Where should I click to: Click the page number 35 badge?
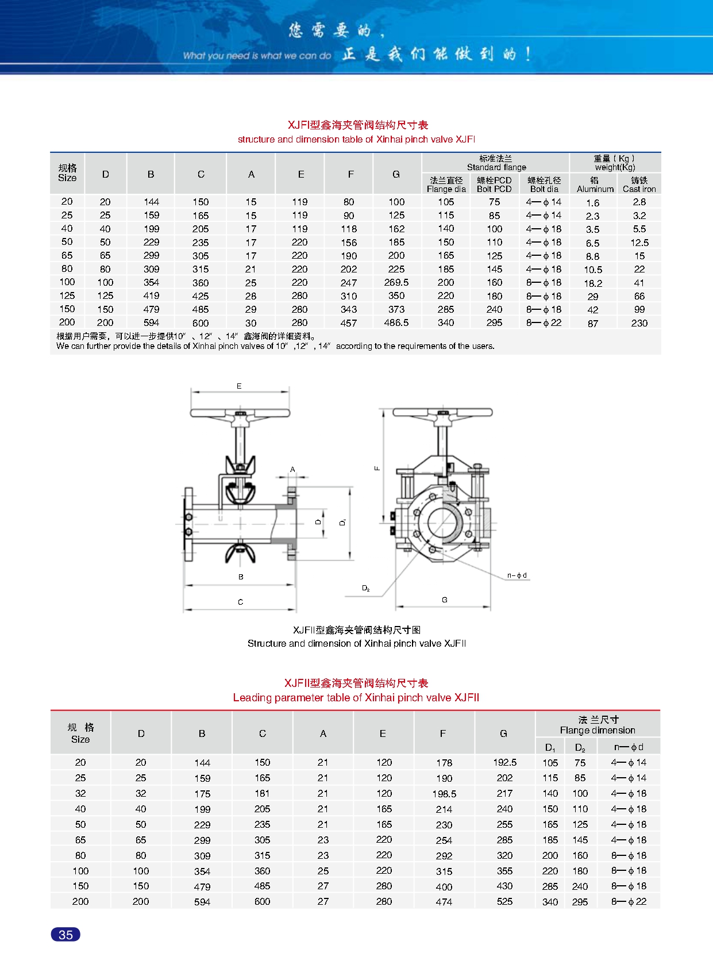point(65,935)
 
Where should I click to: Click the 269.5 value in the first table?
point(396,282)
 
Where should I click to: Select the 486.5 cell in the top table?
point(396,322)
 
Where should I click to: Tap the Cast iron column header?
point(639,185)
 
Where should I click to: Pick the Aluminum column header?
point(595,185)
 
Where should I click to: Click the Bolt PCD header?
point(494,185)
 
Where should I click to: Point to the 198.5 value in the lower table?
point(444,793)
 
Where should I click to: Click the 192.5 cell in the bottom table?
point(504,762)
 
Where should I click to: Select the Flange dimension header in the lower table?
point(598,725)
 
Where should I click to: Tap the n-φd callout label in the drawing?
point(517,575)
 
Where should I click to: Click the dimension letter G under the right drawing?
point(445,600)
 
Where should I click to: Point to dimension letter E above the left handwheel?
point(240,386)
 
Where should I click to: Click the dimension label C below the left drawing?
point(240,602)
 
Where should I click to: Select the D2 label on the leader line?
point(365,588)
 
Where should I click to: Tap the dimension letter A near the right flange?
point(292,470)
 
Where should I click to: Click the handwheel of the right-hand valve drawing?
point(442,413)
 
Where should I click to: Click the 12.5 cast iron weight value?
point(639,243)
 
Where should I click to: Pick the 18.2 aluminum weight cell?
point(593,283)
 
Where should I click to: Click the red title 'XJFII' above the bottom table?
point(356,683)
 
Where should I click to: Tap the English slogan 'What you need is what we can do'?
point(257,56)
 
